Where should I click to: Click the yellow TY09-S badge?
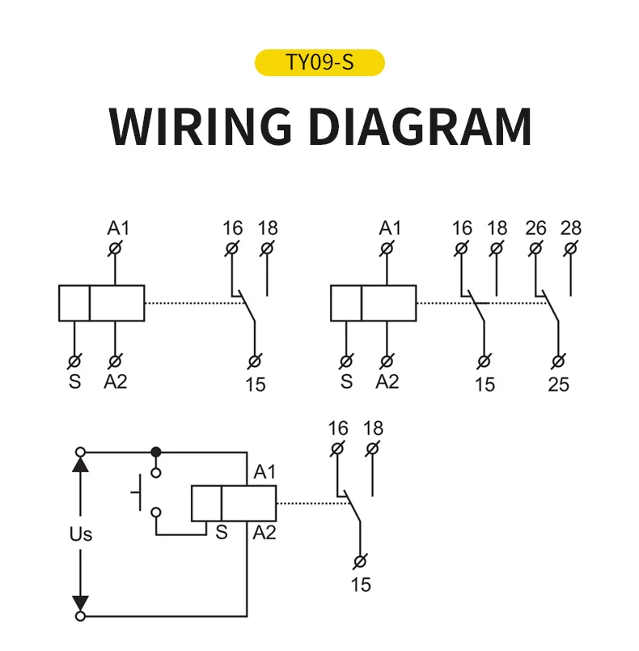click(319, 62)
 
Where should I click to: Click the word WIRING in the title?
click(200, 126)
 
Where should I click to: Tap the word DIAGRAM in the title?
click(420, 126)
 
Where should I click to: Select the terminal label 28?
click(570, 228)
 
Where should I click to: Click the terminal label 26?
click(535, 228)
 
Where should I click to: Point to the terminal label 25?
click(558, 385)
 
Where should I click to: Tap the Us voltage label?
click(80, 534)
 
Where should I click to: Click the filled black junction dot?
click(156, 452)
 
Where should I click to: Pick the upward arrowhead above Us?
click(80, 464)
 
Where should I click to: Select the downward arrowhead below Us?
click(80, 604)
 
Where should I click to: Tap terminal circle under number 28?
click(570, 249)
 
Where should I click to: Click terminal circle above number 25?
click(558, 362)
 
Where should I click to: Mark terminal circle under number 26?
click(535, 249)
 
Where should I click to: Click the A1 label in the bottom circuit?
click(264, 472)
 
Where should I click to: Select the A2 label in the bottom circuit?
click(264, 533)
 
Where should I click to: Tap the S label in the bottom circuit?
click(222, 533)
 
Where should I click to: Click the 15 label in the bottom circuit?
click(361, 585)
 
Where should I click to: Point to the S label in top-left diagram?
click(74, 381)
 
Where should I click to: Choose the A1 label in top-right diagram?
click(390, 228)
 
